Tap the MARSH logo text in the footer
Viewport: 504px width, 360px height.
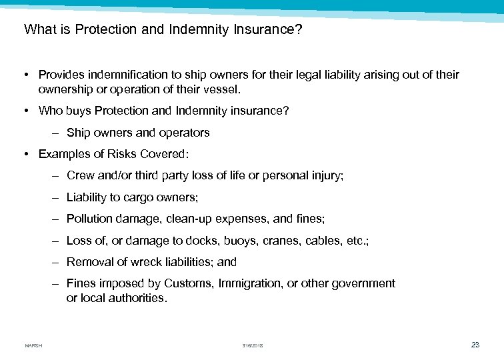click(x=33, y=345)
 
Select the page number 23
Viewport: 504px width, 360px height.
click(x=475, y=345)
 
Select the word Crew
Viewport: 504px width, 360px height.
click(x=80, y=176)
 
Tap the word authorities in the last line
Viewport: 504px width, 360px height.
click(x=137, y=298)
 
